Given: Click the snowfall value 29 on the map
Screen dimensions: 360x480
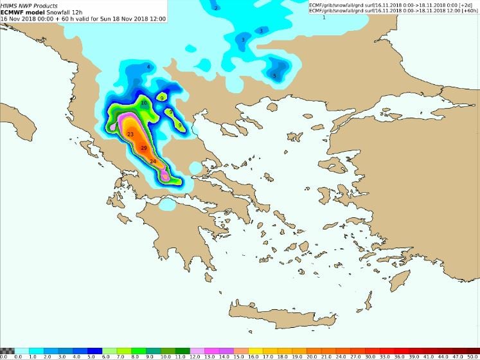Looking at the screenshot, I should [x=144, y=148].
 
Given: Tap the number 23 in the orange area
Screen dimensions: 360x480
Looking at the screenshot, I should [x=130, y=134].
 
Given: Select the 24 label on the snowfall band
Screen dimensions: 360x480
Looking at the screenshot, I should [x=153, y=161].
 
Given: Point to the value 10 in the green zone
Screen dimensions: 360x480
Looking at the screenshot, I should [x=145, y=103].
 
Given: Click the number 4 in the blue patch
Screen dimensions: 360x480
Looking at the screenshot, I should [x=148, y=67].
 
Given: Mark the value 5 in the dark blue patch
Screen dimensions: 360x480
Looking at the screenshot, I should [x=275, y=76].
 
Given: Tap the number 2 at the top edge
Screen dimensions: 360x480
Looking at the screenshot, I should [x=216, y=8].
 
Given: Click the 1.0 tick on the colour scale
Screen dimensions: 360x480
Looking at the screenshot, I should [x=33, y=357].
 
